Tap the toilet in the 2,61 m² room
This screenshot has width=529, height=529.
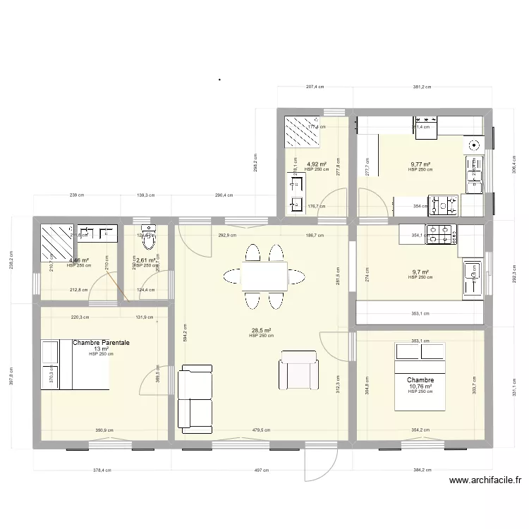pos(148,238)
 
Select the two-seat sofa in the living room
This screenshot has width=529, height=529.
pos(195,398)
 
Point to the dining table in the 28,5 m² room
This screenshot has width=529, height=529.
pos(263,276)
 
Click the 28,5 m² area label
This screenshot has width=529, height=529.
pos(262,330)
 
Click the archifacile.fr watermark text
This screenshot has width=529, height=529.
pos(485,481)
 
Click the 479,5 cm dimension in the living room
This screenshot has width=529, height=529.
pos(261,430)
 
